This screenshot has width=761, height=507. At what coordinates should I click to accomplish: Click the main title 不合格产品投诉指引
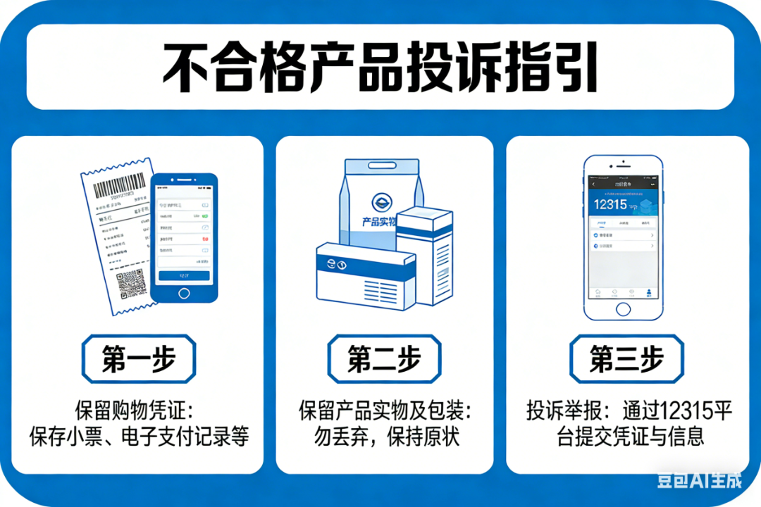380,67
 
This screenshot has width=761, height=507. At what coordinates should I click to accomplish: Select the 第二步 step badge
384,359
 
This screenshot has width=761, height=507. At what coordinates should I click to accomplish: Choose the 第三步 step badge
626,359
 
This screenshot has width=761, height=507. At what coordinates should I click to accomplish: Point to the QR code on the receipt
131,285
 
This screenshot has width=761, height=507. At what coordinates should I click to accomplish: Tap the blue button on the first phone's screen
184,275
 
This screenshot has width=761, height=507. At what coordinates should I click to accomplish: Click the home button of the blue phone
184,292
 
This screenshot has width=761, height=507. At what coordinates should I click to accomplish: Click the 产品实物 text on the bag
379,222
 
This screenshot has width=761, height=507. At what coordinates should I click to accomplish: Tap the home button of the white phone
624,308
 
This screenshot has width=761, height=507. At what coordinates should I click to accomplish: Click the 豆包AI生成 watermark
699,480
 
